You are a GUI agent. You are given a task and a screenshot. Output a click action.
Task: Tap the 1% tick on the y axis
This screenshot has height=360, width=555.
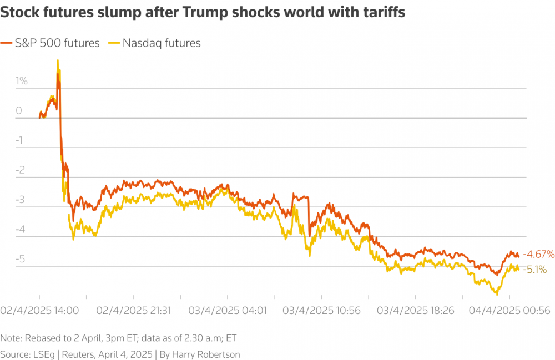tap(22, 81)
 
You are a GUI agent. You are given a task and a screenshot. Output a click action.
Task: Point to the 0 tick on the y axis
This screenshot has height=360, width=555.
tap(18, 111)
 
